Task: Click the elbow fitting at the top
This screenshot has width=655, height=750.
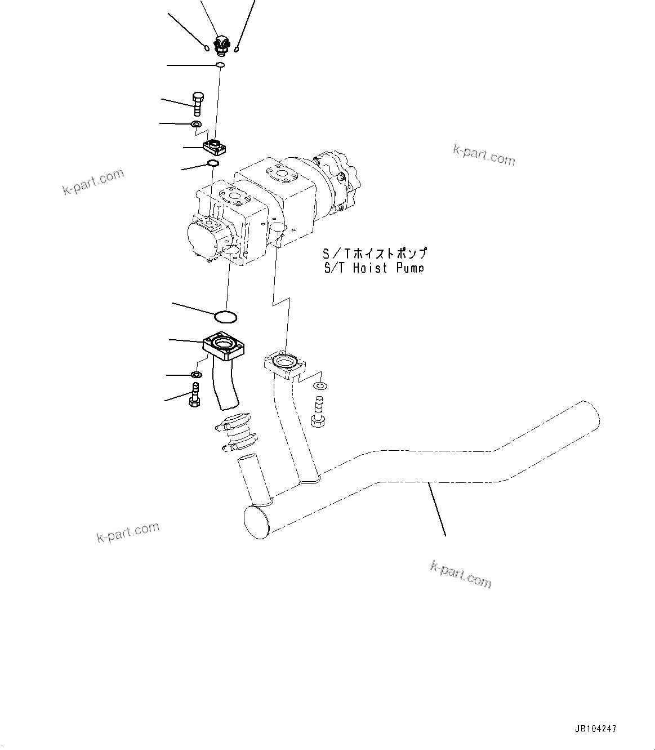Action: click(x=221, y=45)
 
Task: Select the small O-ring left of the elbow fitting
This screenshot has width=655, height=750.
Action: click(x=208, y=48)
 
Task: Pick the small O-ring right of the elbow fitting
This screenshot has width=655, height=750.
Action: click(x=237, y=48)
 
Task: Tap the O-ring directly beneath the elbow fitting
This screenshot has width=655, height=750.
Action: click(x=220, y=66)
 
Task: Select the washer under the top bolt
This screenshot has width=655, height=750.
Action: click(x=197, y=124)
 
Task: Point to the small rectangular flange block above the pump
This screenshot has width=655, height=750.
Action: click(x=214, y=148)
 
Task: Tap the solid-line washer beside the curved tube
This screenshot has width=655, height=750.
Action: click(x=197, y=375)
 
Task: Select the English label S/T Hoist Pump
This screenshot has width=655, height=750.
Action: click(x=373, y=268)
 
